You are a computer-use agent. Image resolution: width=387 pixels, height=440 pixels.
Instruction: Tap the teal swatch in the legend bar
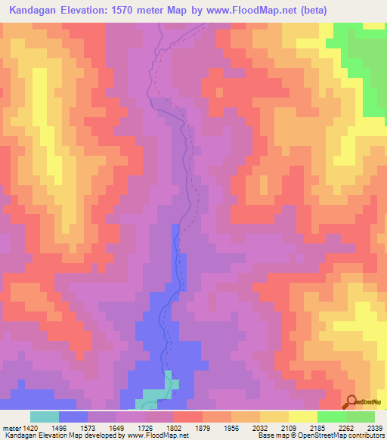tap(44, 417)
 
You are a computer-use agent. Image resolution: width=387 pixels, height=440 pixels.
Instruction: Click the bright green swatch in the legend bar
tap(332, 417)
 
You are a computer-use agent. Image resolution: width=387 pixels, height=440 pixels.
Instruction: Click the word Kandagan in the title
tap(41, 11)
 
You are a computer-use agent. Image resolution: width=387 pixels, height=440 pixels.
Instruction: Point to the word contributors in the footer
tap(365, 435)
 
